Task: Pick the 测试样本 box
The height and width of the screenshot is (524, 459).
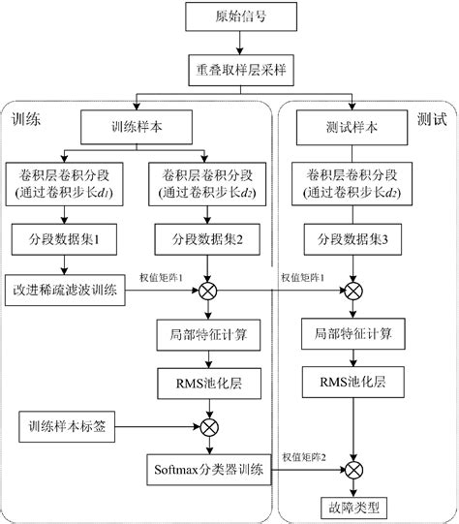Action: coord(352,126)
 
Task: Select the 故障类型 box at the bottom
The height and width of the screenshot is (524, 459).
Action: coord(352,507)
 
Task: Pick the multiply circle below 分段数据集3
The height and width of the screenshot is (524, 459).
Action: coord(352,290)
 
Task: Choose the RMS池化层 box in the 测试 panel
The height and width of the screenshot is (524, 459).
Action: coord(352,378)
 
